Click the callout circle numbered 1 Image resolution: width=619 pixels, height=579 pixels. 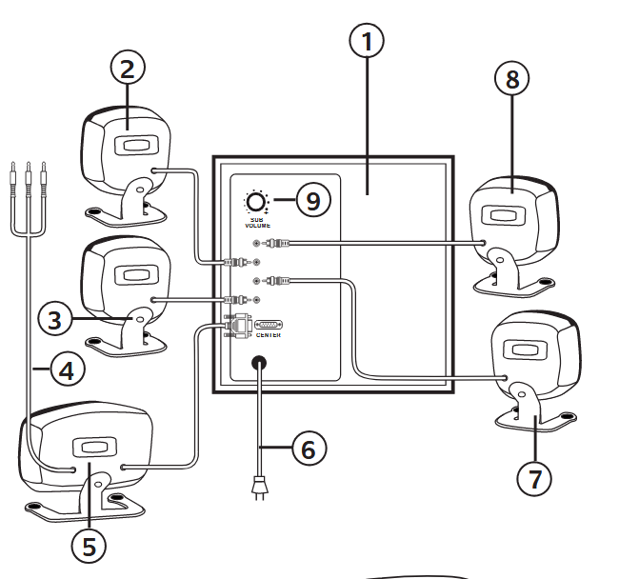coord(368,41)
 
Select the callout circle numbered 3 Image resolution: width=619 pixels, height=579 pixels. coord(56,318)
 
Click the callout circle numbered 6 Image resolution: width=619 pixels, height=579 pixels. coord(308,448)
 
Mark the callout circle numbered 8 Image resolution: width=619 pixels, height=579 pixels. coord(512,80)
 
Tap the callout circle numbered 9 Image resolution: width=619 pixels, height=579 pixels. coord(312,200)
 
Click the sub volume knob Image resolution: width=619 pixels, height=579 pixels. coord(256,202)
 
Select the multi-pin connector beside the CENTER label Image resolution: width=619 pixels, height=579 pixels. coord(269,325)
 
